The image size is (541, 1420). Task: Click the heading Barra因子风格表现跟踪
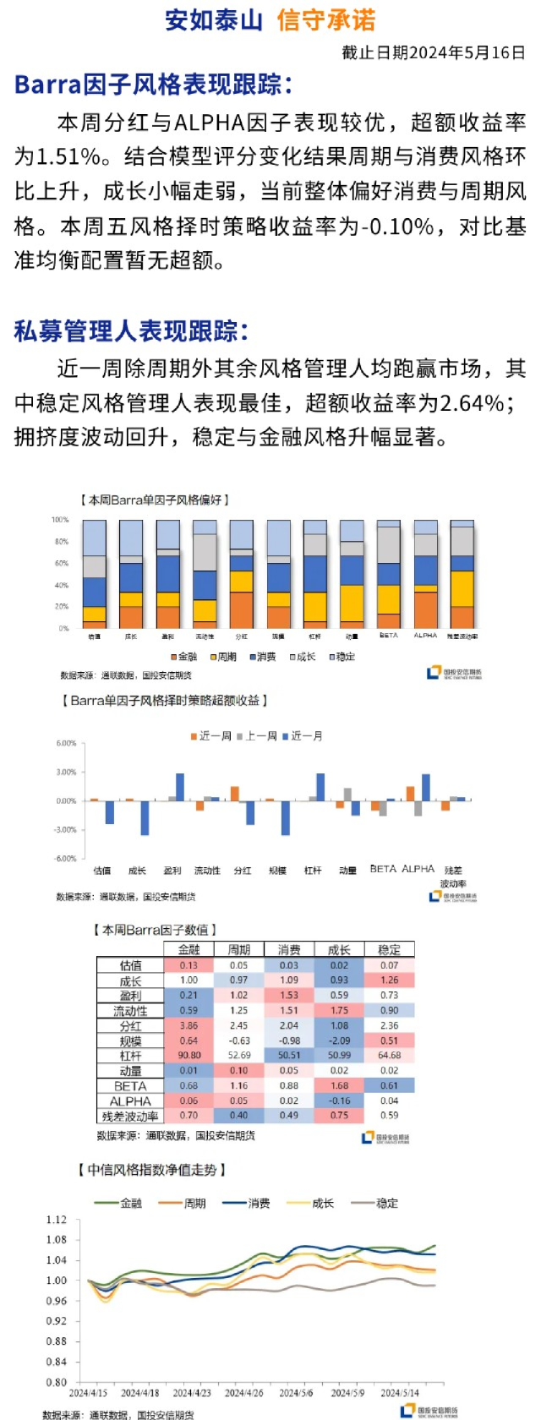(x=153, y=85)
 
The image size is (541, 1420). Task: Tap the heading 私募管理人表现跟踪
(x=131, y=331)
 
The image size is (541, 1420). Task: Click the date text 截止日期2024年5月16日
(x=434, y=52)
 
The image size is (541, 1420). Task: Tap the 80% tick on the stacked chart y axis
(x=61, y=542)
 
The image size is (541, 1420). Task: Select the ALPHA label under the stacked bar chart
(x=425, y=636)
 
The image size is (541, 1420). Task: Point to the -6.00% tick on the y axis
(x=65, y=859)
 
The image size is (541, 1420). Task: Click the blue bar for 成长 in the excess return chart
(x=145, y=817)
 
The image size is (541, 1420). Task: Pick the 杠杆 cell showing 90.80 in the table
(x=189, y=1056)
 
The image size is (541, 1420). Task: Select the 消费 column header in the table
(x=289, y=950)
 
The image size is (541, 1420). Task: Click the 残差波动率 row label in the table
(x=130, y=1117)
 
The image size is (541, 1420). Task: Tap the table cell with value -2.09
(x=339, y=1040)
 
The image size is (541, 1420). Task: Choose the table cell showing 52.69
(x=239, y=1056)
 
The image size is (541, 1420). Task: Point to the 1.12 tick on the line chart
(x=56, y=1220)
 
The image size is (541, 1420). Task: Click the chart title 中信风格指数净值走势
(x=152, y=1170)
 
